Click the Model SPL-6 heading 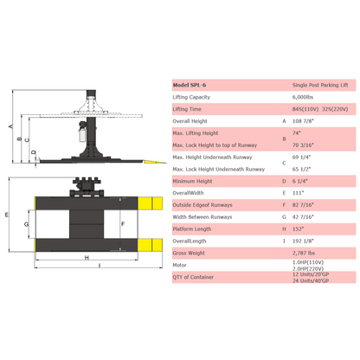190,85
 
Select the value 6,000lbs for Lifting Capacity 303,97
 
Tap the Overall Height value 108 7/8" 303,121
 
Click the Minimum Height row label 192,182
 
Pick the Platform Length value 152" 298,229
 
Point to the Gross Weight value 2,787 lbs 304,254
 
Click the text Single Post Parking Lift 320,85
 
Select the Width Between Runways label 202,217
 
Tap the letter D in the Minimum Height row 284,182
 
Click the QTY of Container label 193,277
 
